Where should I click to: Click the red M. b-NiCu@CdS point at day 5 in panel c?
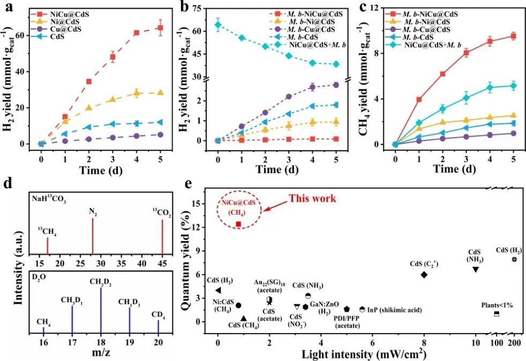pyautogui.click(x=513, y=36)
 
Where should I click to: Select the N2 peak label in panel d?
pyautogui.click(x=93, y=210)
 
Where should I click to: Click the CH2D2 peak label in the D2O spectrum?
pyautogui.click(x=101, y=282)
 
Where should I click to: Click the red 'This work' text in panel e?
pyautogui.click(x=313, y=199)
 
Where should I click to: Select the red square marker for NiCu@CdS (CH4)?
pyautogui.click(x=238, y=224)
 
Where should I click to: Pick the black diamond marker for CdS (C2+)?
pyautogui.click(x=424, y=274)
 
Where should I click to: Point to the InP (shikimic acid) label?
pyautogui.click(x=395, y=310)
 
